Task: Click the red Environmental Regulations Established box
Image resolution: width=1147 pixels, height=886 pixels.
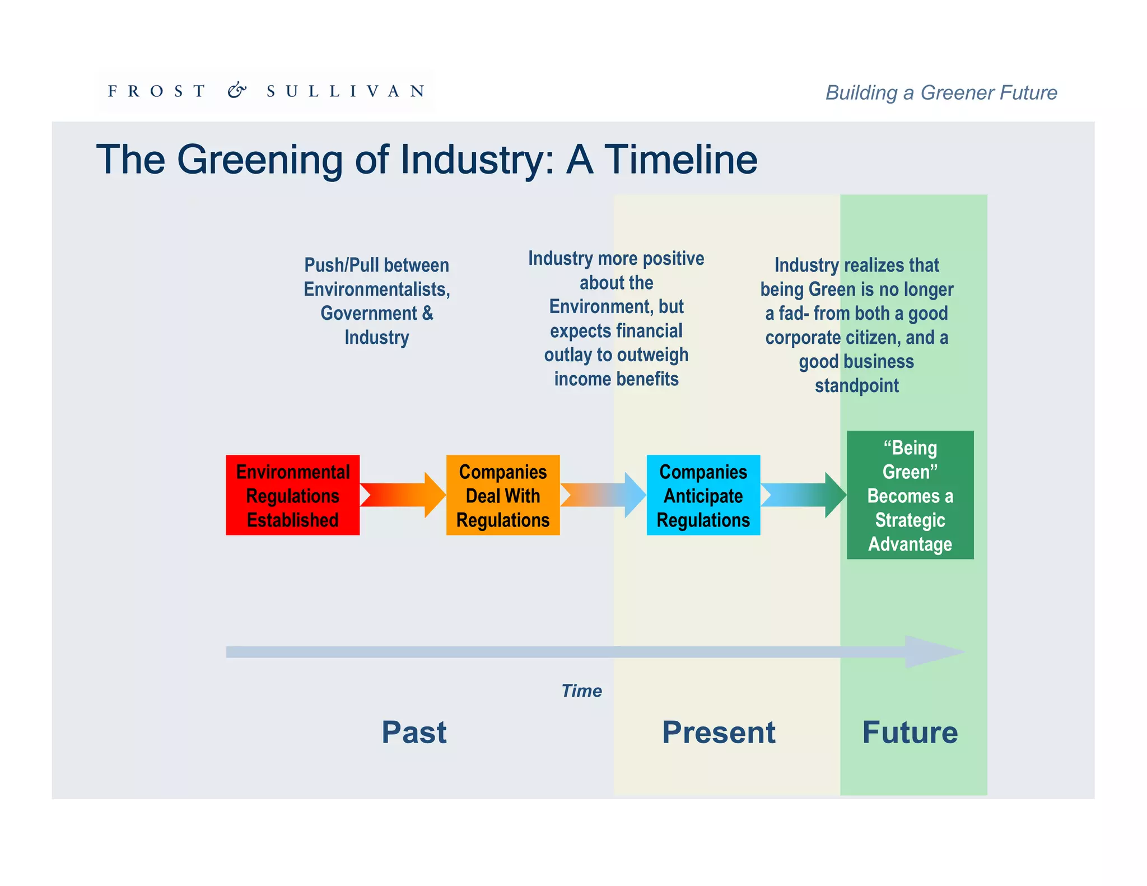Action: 292,495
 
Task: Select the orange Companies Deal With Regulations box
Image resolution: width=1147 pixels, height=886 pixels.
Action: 502,495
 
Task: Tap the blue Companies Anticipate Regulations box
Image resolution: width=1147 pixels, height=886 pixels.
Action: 703,495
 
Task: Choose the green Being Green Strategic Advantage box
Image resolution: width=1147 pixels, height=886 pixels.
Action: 910,495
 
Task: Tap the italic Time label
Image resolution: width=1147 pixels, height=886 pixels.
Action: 581,691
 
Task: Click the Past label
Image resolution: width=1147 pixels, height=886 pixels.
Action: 414,732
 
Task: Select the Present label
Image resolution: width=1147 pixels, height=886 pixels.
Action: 719,732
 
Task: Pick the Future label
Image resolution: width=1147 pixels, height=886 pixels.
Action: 910,732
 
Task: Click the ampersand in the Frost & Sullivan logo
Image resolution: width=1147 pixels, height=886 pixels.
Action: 237,90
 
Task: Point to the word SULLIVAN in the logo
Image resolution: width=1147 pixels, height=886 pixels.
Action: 346,91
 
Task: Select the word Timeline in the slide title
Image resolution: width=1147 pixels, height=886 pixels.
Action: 680,160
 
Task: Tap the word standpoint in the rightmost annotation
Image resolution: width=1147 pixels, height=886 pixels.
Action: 856,385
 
